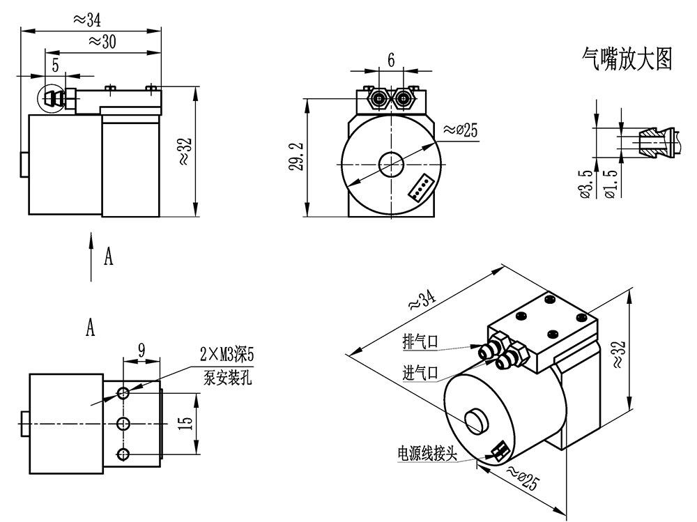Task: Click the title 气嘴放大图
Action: [x=627, y=59]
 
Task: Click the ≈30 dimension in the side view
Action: [x=102, y=42]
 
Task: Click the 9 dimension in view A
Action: [x=141, y=351]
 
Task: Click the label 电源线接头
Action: [x=427, y=454]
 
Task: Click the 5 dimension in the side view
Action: [x=55, y=65]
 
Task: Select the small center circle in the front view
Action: [x=391, y=164]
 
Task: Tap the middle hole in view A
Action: [x=124, y=424]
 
